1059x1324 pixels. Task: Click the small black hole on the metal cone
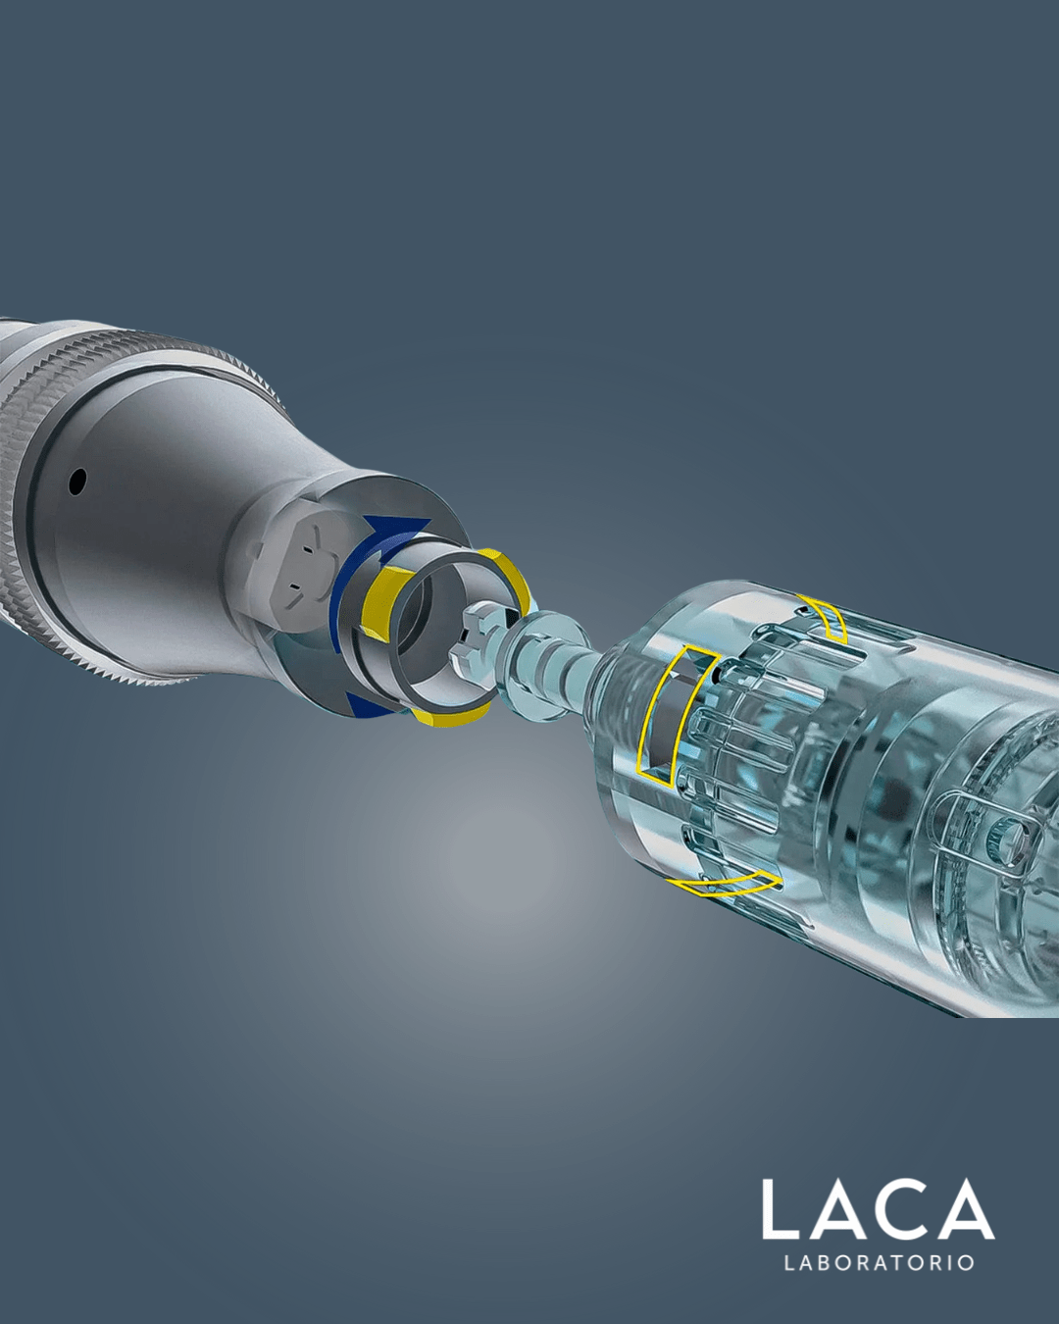coord(77,482)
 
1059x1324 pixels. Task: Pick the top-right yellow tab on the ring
coord(511,576)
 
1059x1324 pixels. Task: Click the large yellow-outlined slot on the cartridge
coord(675,716)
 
